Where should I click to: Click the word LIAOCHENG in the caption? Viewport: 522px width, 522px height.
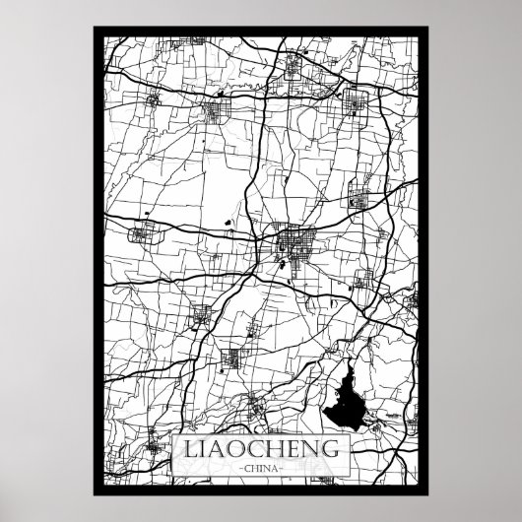tap(261, 449)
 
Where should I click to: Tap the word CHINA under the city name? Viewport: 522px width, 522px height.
tap(261, 469)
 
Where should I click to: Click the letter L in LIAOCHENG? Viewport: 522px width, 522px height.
tap(184, 449)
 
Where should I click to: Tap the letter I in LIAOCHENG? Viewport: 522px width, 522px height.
tap(199, 449)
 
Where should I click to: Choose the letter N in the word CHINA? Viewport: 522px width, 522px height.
tap(268, 469)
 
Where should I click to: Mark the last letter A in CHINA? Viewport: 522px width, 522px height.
tap(276, 469)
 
